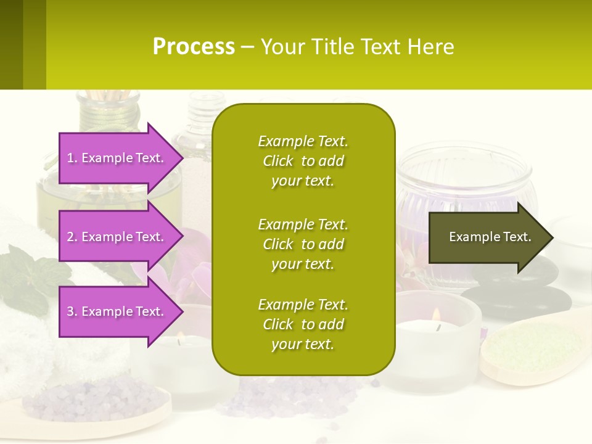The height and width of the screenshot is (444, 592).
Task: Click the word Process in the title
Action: tap(194, 47)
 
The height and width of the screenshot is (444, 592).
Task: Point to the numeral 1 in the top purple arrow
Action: tap(70, 158)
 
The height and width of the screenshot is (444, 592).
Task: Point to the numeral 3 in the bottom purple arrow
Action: tap(70, 311)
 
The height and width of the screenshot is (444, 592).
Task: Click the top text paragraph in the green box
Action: tap(303, 161)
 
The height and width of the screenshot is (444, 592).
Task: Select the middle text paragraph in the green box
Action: tap(303, 244)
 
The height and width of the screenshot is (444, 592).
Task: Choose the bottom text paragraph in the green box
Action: tap(303, 324)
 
